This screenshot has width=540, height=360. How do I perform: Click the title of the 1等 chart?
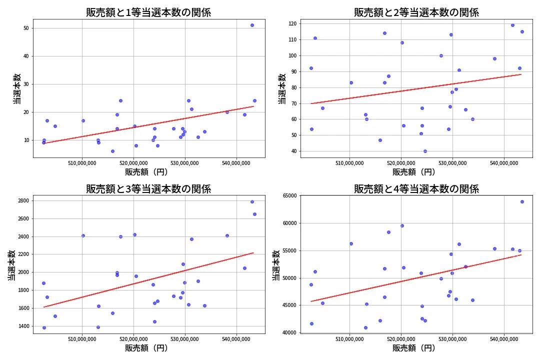pos(148,12)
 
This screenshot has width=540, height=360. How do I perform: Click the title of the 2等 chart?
pos(416,12)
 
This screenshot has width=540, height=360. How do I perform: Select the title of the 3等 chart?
pos(148,189)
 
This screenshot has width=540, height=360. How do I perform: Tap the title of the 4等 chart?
pos(416,189)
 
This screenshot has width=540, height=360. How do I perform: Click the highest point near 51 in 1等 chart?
pos(252,25)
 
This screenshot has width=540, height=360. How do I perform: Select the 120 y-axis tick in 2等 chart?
pos(291,23)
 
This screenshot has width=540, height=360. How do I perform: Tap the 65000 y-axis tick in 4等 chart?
pos(288,196)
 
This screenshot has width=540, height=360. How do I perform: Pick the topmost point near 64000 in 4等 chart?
pos(522,201)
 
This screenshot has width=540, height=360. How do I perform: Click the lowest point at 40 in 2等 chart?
pos(425,151)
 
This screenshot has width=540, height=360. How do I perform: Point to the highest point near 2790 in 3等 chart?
pos(252,201)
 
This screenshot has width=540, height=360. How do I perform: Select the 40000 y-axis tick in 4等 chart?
pos(288,332)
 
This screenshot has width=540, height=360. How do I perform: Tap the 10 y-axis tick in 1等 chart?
pos(26,140)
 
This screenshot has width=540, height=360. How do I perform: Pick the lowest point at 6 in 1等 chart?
pos(112,151)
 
